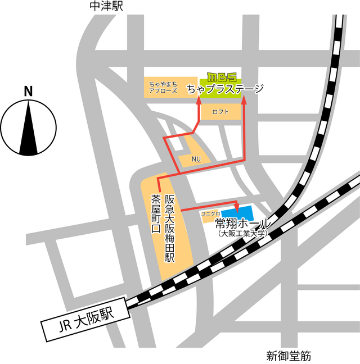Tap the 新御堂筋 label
pos(289,356)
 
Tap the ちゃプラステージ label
pos(225,89)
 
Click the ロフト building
pos(220,112)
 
